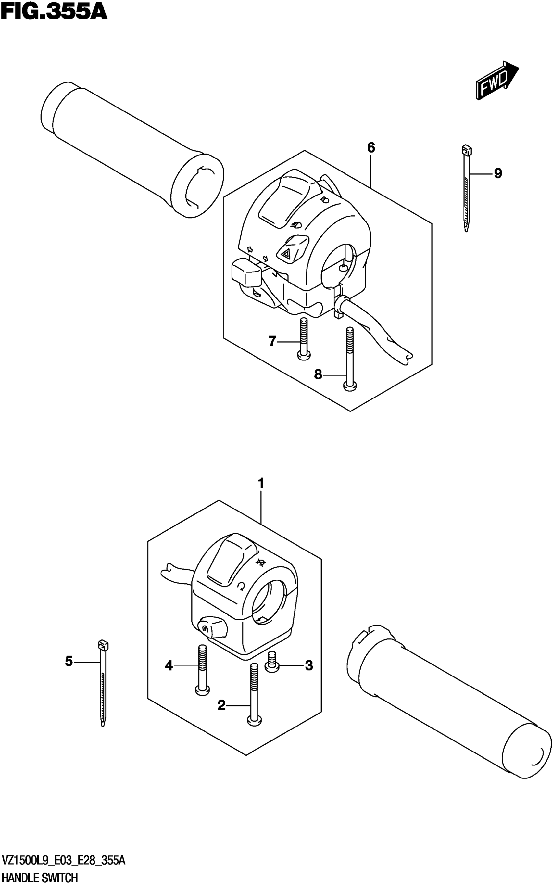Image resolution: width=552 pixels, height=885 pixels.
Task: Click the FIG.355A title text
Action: tap(54, 12)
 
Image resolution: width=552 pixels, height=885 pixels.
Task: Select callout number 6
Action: tap(370, 148)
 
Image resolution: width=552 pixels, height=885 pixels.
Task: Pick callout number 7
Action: tap(272, 341)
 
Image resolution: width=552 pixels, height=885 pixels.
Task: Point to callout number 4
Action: tap(168, 666)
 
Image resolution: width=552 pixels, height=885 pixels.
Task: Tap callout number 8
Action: tap(318, 374)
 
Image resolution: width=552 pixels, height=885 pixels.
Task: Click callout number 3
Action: tap(309, 665)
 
